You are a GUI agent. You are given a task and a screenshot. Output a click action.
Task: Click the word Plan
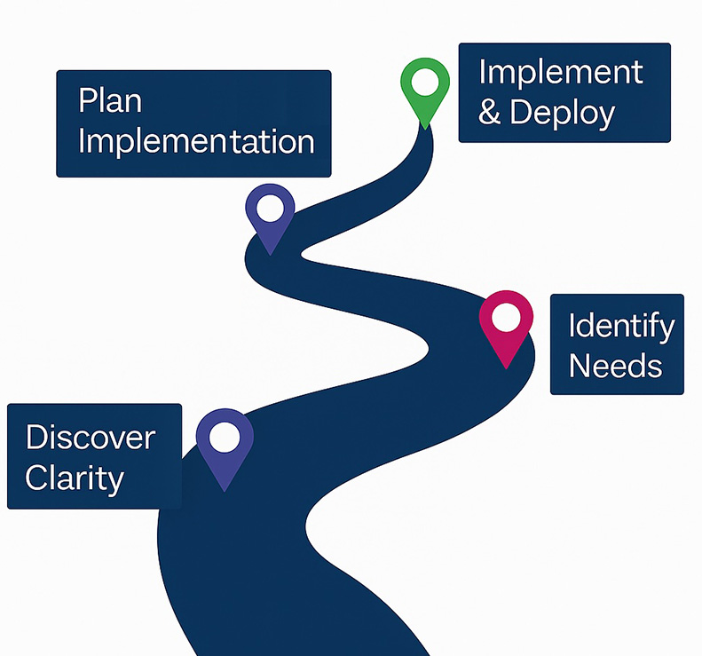[x=110, y=100]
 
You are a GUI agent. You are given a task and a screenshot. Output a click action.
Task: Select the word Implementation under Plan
[x=196, y=142]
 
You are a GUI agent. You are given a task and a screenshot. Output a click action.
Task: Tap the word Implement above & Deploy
[x=561, y=72]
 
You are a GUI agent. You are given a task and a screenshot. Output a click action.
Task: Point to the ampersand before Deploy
[x=490, y=114]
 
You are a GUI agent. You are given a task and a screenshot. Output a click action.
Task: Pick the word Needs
[x=615, y=365]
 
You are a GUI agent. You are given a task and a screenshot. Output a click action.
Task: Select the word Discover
[x=91, y=437]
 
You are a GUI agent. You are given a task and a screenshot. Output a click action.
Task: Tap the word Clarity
[x=75, y=478]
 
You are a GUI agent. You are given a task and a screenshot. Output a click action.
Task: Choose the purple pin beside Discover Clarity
[x=225, y=444]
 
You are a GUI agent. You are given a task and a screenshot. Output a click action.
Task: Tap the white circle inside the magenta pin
[x=506, y=316]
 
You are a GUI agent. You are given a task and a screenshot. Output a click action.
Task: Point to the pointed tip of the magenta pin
[x=507, y=366]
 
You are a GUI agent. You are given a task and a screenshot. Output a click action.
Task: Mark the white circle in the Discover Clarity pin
[x=225, y=436]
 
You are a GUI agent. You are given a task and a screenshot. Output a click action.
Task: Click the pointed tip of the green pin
[x=426, y=127]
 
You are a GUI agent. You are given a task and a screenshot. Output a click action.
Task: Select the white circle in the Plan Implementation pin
[x=270, y=209]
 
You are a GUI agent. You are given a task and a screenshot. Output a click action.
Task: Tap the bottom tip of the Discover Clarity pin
[x=225, y=489]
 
